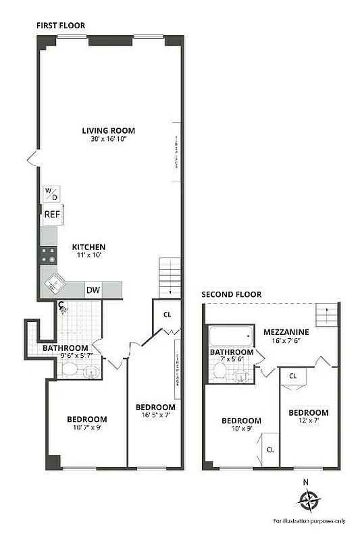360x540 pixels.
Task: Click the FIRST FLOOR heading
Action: [61, 25]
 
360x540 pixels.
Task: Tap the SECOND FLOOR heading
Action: [232, 294]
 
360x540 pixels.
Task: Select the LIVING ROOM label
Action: [108, 130]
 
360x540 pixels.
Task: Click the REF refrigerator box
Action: [52, 215]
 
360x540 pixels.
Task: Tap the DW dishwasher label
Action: [93, 290]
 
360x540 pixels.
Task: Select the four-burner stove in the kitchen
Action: [49, 254]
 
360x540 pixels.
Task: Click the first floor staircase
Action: [170, 277]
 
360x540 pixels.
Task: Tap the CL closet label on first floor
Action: [167, 314]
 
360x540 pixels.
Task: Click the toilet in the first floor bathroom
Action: [70, 369]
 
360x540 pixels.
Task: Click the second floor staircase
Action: [326, 314]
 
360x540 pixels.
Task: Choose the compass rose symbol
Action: [309, 501]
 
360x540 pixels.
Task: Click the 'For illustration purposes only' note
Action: [309, 520]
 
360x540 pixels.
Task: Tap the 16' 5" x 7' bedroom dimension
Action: [155, 416]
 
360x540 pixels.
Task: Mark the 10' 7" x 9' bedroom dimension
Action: [86, 427]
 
